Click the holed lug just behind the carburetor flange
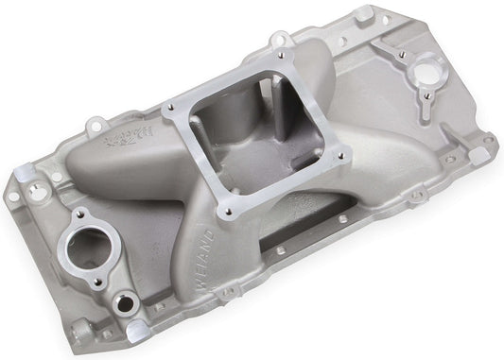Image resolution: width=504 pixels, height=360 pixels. pos(281,41)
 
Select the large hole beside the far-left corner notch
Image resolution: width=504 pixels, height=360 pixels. pos(38,190)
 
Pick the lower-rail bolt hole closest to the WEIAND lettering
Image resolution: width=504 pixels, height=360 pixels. pos(280,252)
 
